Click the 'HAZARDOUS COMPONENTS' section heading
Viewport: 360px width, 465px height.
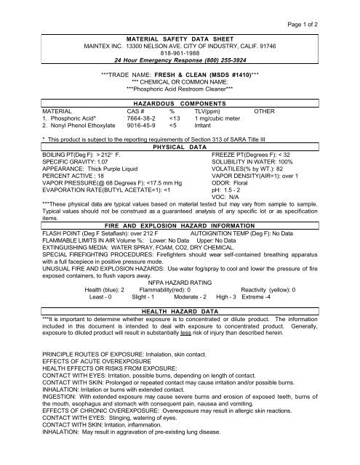point(180,105)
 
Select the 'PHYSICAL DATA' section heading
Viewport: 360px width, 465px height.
point(180,147)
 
